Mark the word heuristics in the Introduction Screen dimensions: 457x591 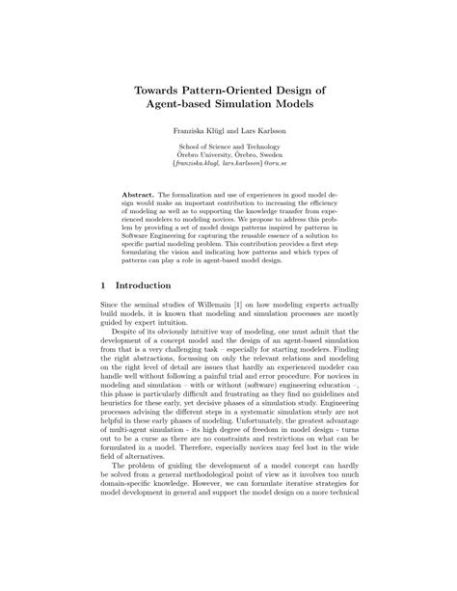pyautogui.click(x=121, y=441)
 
